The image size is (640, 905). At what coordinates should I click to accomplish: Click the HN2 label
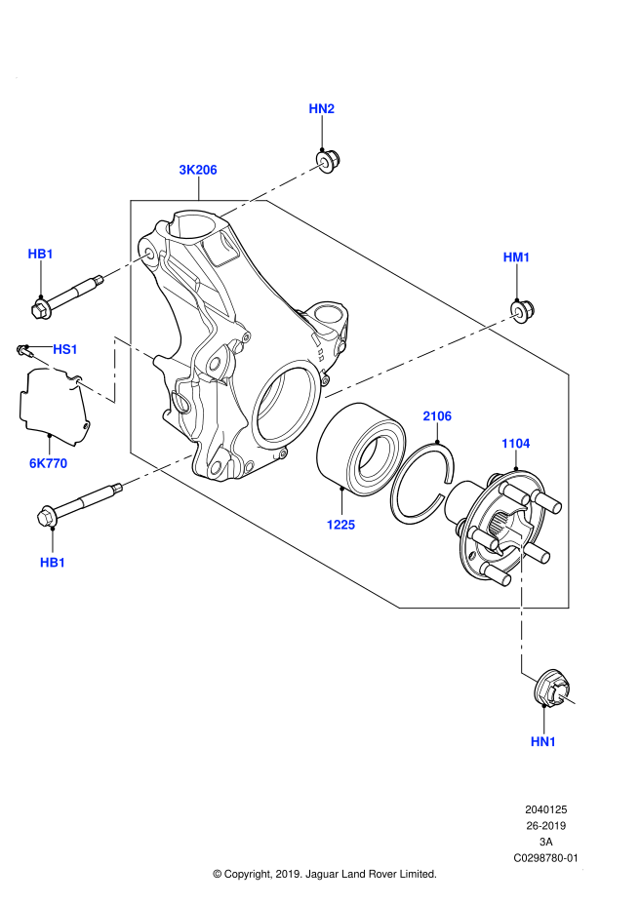coord(321,108)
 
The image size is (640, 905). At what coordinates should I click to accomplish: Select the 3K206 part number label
coord(197,170)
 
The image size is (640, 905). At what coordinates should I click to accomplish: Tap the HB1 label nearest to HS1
coord(40,255)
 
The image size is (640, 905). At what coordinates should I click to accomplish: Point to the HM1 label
coord(516,257)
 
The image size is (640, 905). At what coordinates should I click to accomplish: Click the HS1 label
coord(65,349)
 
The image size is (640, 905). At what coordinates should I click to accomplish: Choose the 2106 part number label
coord(437,416)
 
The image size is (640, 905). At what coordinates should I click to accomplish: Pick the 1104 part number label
coord(515,444)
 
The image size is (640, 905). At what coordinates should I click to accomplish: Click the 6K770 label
coord(48,463)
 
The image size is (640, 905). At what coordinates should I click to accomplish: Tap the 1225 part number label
coord(340,525)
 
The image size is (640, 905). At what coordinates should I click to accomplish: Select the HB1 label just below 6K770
coord(53,563)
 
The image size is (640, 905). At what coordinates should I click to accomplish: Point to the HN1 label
coord(543,742)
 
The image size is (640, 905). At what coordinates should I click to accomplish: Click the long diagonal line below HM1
coord(421,356)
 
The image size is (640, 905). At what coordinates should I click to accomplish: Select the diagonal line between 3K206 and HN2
coord(272,189)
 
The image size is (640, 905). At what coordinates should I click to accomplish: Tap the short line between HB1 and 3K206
coord(127,265)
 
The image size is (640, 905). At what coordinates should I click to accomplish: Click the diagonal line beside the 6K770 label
coord(156,470)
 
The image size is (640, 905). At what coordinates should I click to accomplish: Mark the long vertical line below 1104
coord(522,605)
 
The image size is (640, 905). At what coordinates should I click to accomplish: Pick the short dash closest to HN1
coord(565,697)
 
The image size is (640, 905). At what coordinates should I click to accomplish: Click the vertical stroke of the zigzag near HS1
coord(115,371)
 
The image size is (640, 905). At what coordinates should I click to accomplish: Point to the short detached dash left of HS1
coord(44,363)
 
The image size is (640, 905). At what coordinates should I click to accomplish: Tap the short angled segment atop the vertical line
coord(510,529)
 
